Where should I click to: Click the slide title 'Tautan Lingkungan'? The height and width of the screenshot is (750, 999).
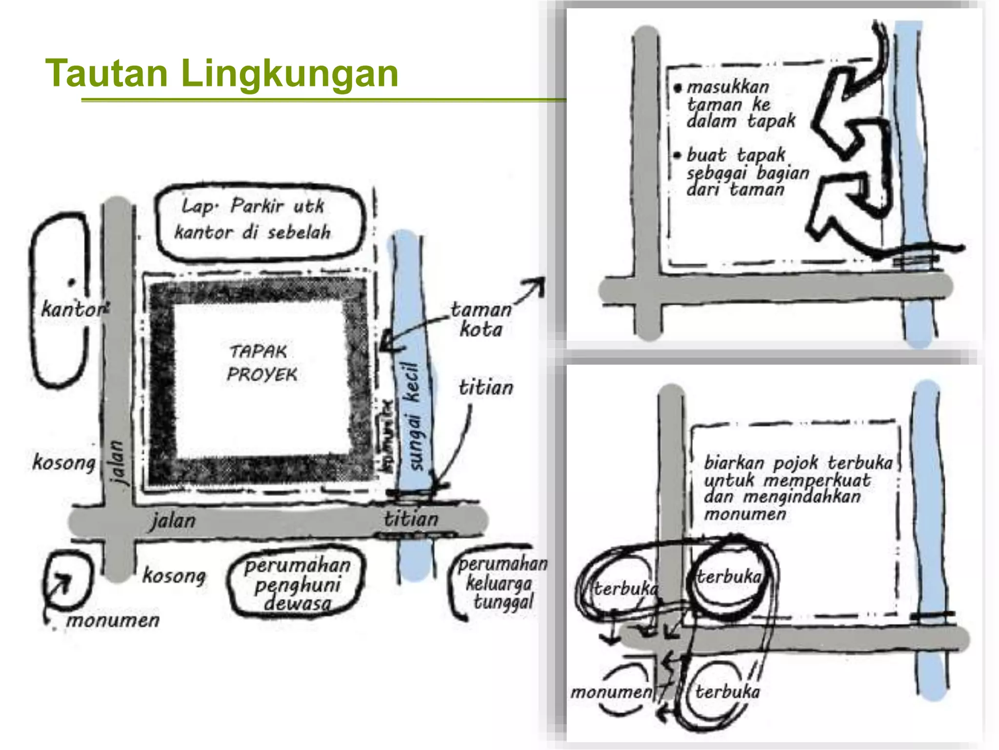[222, 73]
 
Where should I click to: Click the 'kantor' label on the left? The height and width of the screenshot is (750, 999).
[73, 309]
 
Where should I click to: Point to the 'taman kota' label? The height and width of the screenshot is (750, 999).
[480, 320]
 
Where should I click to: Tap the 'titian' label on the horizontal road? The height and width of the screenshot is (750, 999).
[411, 519]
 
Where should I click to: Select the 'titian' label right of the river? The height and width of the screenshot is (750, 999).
[486, 388]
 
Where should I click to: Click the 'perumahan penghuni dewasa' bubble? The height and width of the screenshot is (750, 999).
[297, 583]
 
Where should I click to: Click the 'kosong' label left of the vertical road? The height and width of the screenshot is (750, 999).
[63, 462]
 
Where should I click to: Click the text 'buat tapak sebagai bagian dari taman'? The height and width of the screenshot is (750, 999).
[746, 172]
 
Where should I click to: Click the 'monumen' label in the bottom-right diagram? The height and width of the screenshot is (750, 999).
[611, 692]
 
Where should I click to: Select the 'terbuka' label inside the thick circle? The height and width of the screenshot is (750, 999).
[728, 577]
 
